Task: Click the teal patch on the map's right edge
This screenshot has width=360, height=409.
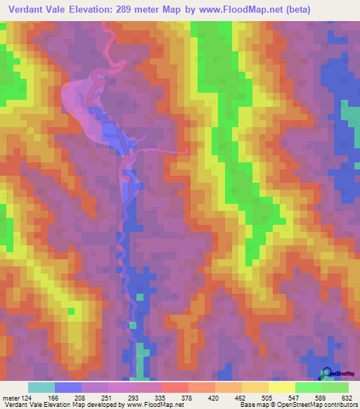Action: tap(349, 111)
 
